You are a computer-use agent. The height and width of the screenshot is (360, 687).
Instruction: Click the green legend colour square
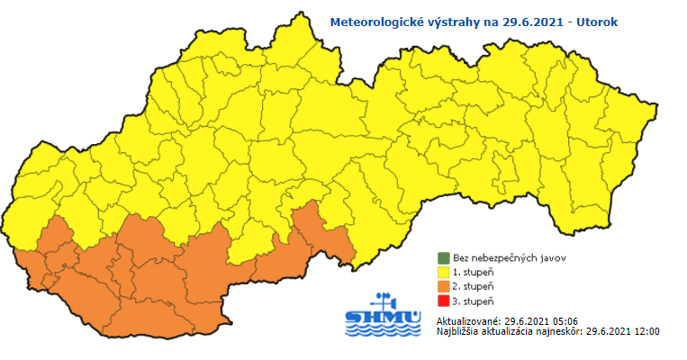pos(443,257)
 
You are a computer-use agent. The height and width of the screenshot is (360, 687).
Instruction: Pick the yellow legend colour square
pos(443,272)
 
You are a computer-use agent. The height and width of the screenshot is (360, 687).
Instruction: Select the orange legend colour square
pos(443,286)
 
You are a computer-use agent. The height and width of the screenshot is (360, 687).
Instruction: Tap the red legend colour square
pos(443,301)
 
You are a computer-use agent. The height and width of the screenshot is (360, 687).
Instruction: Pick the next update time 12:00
pos(646,331)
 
